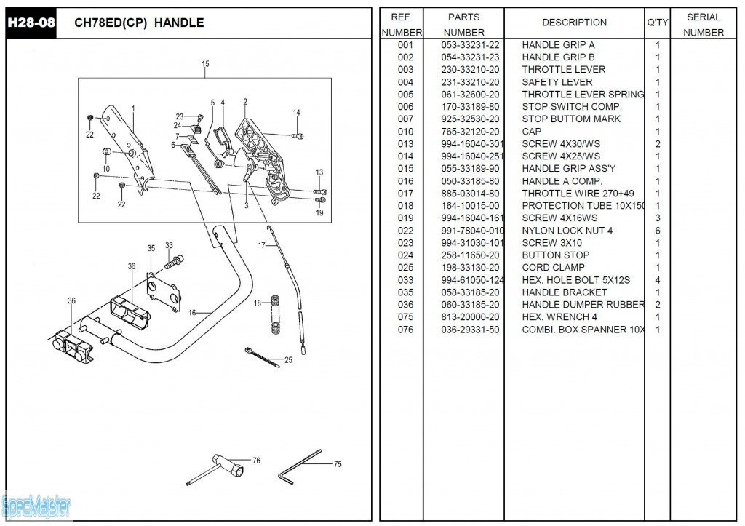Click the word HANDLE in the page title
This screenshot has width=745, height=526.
click(x=179, y=23)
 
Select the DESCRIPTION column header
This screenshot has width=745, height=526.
click(x=574, y=23)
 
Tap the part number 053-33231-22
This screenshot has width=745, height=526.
click(x=470, y=45)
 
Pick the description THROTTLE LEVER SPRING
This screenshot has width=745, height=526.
click(x=583, y=95)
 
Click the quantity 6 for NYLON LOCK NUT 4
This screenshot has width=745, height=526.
click(x=658, y=231)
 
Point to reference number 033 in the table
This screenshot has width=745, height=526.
click(x=405, y=280)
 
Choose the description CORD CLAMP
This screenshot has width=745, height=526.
click(x=553, y=268)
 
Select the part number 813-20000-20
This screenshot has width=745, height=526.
click(x=470, y=317)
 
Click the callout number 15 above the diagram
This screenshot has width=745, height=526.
click(x=205, y=65)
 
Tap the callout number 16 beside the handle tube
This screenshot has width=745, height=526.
click(x=192, y=312)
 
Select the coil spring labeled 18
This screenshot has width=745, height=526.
click(x=276, y=314)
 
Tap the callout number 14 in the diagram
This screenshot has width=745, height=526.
click(x=296, y=113)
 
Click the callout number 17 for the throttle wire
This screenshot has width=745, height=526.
click(x=261, y=246)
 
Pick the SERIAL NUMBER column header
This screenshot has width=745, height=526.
click(x=703, y=25)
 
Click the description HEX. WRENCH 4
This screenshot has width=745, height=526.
click(x=559, y=317)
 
